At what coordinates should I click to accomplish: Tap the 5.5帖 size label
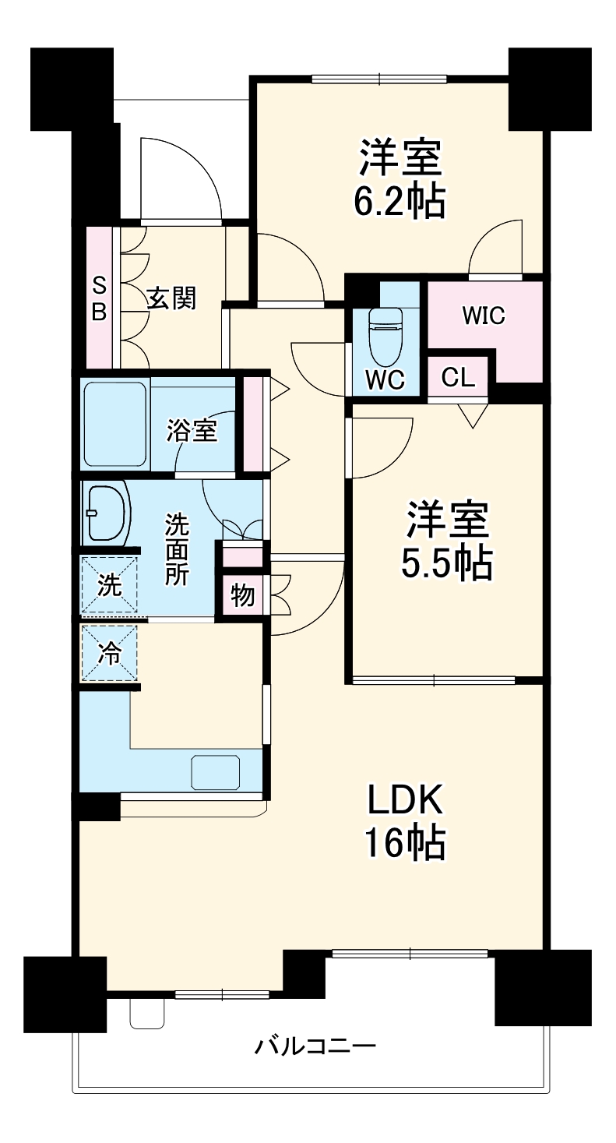tap(446, 563)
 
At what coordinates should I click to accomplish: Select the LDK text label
tap(405, 799)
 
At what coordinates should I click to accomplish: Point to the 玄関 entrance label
tap(172, 298)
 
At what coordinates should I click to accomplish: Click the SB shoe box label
tap(99, 298)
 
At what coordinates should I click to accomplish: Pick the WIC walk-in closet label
tap(483, 316)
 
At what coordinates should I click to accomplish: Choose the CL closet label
tap(458, 378)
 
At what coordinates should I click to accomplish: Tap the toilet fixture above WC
tap(385, 336)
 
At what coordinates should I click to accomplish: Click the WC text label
tap(385, 379)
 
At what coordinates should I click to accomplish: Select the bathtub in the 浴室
tap(115, 424)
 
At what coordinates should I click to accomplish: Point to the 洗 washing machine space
tap(110, 584)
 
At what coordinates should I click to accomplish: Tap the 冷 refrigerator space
tap(110, 653)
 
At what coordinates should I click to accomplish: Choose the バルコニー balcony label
tap(315, 1045)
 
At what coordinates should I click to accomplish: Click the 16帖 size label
tap(405, 842)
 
